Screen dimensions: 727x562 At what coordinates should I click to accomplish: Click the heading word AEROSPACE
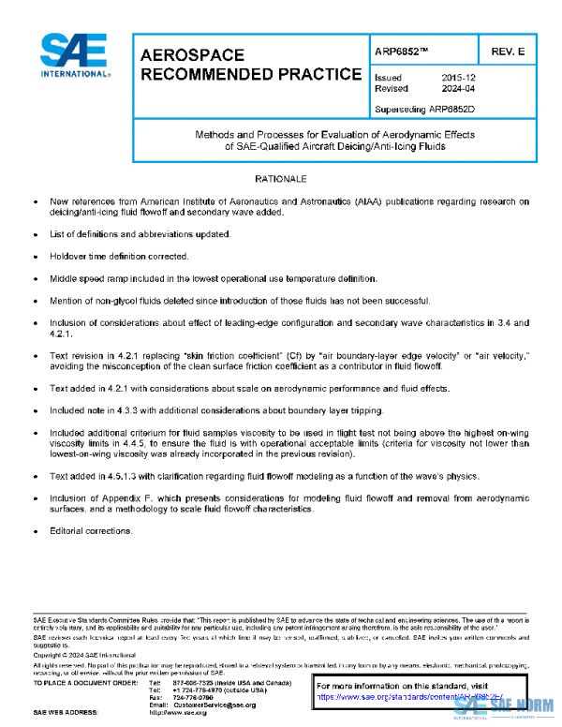click(192, 56)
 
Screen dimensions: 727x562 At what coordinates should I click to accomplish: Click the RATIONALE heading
click(279, 178)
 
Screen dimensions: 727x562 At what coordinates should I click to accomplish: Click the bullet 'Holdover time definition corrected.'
click(119, 256)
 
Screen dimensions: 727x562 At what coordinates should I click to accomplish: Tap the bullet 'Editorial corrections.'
click(92, 531)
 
